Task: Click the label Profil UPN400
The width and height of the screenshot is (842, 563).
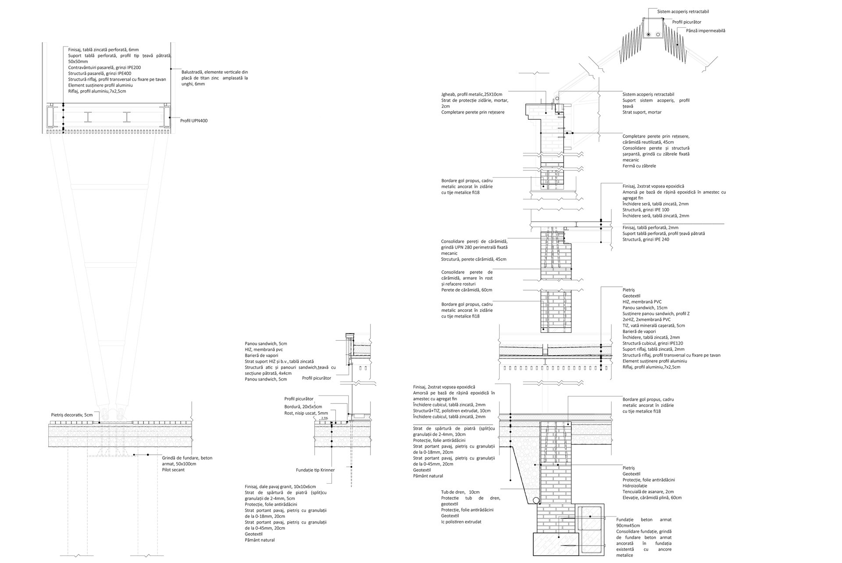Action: (x=193, y=121)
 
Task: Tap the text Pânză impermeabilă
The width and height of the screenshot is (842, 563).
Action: (x=706, y=31)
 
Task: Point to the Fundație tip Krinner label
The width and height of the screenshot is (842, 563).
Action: (x=315, y=470)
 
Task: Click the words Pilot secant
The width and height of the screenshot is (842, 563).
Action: (x=173, y=470)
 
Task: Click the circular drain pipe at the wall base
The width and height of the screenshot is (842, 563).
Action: (x=536, y=500)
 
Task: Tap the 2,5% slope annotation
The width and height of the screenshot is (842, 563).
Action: (x=325, y=418)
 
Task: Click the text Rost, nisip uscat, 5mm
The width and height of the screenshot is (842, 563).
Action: (x=306, y=413)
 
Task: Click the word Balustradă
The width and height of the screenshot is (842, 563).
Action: (x=192, y=72)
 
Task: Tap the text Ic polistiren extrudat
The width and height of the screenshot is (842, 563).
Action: (x=461, y=522)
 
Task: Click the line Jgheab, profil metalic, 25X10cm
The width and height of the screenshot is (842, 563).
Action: (x=471, y=94)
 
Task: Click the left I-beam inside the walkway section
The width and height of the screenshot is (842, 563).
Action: (x=89, y=117)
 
